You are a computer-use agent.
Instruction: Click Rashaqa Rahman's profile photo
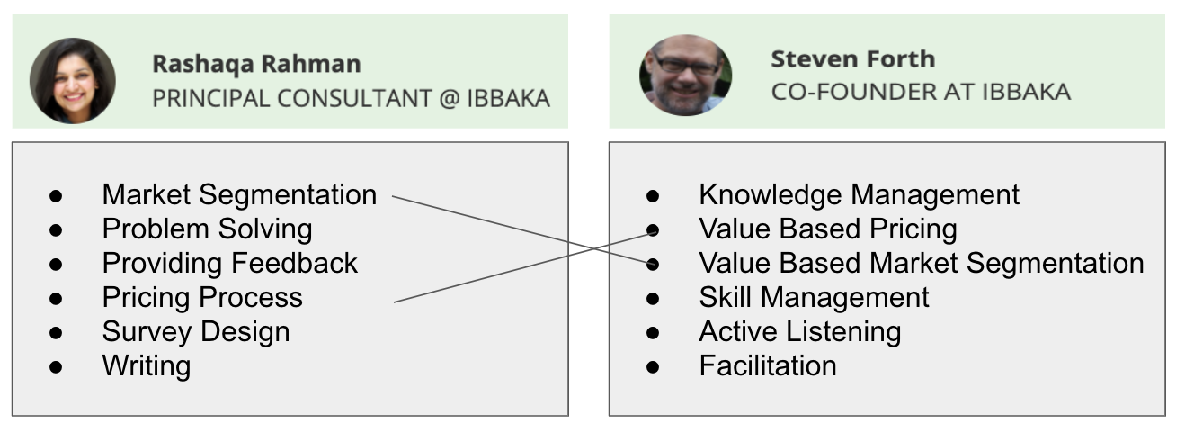coord(72,81)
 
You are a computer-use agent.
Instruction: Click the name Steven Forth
coord(852,59)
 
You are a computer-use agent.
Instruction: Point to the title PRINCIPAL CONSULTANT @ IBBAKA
coord(351,98)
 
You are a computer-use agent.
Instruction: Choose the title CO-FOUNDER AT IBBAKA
coord(921,92)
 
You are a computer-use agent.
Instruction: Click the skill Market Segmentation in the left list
coord(239,194)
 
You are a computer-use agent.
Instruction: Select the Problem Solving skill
coord(207,229)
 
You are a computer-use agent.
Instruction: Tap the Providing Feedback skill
coord(229,263)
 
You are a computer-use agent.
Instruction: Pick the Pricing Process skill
coord(202,297)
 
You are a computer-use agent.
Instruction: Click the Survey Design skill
coord(196,331)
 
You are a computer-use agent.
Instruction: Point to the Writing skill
coord(147,365)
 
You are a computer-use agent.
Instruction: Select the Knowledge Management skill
coord(859,194)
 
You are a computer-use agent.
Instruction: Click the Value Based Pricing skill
coord(827,229)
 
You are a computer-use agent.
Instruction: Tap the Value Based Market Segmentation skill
coord(921,263)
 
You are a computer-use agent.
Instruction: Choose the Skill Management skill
coord(814,297)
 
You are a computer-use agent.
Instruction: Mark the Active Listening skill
coord(799,331)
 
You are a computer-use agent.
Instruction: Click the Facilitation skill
coord(768,365)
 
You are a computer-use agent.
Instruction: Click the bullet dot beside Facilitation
coord(653,366)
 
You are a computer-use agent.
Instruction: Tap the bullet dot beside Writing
coord(56,366)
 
